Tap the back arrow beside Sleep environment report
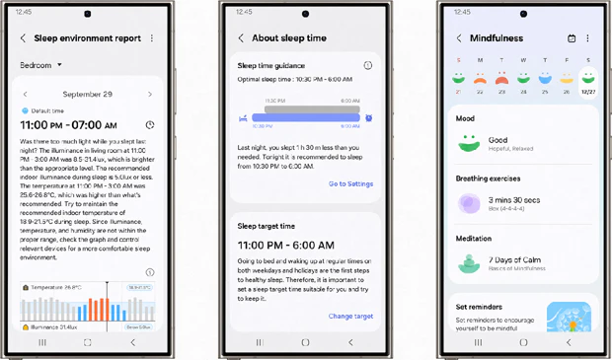[23, 38]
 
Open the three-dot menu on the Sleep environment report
[152, 38]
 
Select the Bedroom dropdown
[41, 65]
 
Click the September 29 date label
[87, 95]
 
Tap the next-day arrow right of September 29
[150, 95]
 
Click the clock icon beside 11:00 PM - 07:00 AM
[150, 125]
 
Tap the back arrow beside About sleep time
[241, 38]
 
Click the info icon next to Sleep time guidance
[367, 66]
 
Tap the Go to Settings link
[350, 183]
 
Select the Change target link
[350, 317]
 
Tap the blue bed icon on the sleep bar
[243, 117]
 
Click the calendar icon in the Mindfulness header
[572, 38]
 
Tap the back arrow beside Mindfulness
[459, 38]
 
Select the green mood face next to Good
[469, 144]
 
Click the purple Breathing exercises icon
[469, 203]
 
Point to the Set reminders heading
[479, 307]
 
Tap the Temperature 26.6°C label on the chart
[57, 287]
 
